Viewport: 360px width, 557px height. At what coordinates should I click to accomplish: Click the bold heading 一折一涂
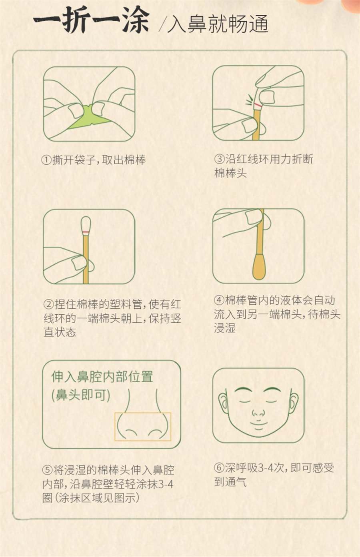(91, 20)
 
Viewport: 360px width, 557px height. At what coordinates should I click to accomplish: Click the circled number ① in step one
(47, 160)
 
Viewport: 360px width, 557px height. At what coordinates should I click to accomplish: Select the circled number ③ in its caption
(220, 159)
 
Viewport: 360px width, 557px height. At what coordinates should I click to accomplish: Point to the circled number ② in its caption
(48, 304)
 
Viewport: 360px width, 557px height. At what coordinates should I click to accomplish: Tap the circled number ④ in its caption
(219, 300)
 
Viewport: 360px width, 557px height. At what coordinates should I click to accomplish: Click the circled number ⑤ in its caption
(47, 470)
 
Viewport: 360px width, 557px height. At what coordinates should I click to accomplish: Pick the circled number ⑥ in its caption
(219, 468)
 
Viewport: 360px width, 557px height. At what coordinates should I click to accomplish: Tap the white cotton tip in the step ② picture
(86, 225)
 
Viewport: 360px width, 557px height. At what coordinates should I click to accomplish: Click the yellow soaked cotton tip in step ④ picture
(259, 269)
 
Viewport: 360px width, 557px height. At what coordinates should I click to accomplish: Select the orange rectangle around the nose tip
(143, 427)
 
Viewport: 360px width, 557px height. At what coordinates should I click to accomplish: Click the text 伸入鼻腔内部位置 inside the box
(102, 377)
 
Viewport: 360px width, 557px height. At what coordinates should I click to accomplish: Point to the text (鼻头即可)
(80, 395)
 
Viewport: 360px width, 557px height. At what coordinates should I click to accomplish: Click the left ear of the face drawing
(222, 402)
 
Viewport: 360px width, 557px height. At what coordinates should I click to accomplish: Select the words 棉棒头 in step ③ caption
(230, 173)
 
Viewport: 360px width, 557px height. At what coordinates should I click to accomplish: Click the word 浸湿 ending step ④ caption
(224, 328)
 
